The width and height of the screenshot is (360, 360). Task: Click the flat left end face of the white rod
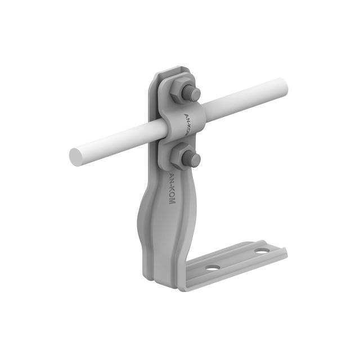coord(76,157)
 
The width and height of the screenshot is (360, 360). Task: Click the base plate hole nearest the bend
coord(213,268)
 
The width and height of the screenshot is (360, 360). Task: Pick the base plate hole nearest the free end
coord(262,250)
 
